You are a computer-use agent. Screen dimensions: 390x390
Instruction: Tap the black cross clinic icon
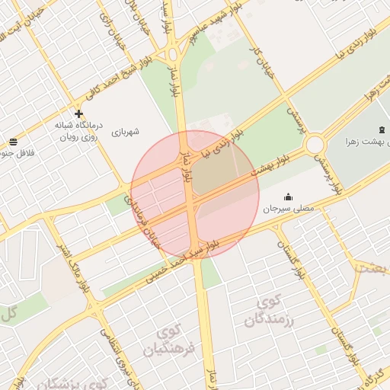tap(78, 113)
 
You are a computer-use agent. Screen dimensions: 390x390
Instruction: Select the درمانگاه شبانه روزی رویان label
tap(78, 131)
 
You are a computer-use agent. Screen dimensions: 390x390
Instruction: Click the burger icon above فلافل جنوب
tap(13, 142)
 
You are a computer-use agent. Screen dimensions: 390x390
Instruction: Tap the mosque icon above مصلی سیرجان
tap(288, 197)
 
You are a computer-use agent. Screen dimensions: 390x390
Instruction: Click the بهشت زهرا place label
tap(361, 142)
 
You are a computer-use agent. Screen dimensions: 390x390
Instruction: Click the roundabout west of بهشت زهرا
tap(315, 144)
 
